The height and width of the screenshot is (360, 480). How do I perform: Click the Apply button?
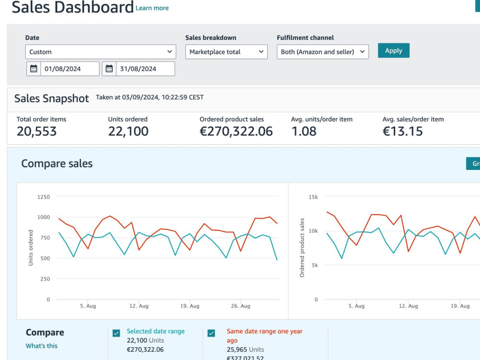(x=394, y=50)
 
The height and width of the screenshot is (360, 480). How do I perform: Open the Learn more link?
(x=152, y=8)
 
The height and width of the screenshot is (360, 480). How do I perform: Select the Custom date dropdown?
(x=100, y=52)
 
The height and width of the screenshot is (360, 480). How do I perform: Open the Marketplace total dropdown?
(x=226, y=52)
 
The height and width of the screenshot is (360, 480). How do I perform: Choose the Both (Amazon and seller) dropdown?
(x=323, y=52)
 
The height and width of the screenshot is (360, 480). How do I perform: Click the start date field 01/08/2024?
(x=70, y=69)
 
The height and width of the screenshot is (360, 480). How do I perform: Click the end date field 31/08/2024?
(x=145, y=69)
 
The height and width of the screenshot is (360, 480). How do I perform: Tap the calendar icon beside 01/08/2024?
(x=34, y=69)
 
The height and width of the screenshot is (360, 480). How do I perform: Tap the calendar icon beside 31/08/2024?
(x=109, y=69)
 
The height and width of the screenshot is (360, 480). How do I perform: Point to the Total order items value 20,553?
(x=36, y=132)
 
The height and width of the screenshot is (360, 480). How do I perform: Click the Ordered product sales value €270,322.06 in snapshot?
(x=236, y=132)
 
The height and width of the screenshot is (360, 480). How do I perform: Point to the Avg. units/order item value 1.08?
(x=304, y=132)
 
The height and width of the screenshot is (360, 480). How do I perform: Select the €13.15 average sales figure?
(x=403, y=132)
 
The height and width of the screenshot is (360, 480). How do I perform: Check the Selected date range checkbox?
(x=116, y=333)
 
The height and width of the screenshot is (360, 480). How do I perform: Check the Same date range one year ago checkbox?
(x=211, y=333)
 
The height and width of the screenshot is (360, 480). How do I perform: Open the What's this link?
(x=41, y=346)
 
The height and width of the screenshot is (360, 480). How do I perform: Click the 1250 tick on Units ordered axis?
(x=44, y=197)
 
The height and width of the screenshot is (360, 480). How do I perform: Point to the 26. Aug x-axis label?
(x=240, y=306)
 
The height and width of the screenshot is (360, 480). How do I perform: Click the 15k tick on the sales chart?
(x=313, y=197)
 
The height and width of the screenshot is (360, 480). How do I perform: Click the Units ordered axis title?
(x=31, y=248)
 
